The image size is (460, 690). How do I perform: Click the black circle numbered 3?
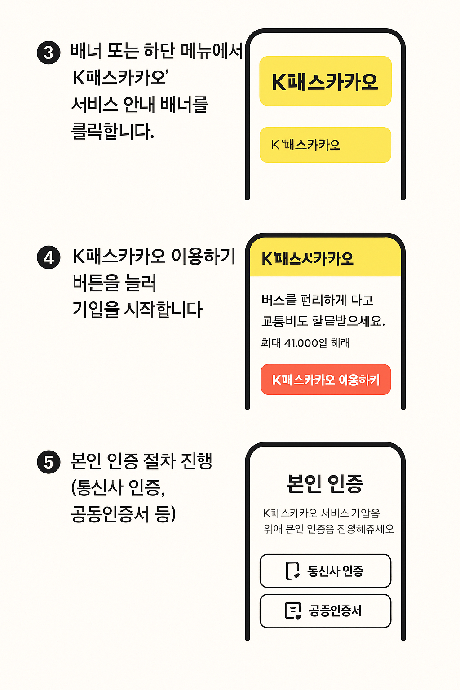49,53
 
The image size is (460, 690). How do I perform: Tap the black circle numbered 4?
49,258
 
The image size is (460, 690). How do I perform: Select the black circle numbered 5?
49,462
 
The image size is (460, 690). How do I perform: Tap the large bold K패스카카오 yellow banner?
325,81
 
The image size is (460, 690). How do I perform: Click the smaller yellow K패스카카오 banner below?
325,145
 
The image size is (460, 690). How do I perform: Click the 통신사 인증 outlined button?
325,571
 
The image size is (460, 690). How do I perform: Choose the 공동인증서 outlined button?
325,611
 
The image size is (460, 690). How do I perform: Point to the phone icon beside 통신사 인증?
292,571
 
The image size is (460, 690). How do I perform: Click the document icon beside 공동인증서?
293,611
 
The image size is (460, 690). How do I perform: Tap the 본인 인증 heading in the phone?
325,483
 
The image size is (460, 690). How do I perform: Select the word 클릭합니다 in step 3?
113,132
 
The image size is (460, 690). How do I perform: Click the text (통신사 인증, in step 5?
118,487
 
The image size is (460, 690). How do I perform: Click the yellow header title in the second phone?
308,259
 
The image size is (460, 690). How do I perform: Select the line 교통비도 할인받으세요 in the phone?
323,321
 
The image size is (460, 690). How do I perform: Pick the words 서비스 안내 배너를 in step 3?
139,105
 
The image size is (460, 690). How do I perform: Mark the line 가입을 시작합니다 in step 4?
137,310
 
